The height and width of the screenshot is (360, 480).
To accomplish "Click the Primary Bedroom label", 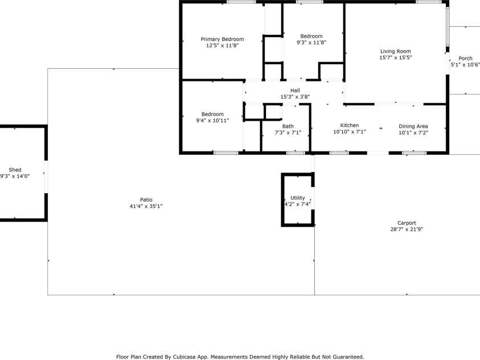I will coord(222,39).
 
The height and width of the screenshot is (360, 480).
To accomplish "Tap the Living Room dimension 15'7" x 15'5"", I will coord(396,58).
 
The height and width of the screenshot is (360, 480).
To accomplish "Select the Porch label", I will coord(465,58).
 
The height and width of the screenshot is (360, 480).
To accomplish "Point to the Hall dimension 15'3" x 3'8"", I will coord(295,97).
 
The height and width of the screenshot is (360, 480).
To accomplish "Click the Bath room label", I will coord(288,126).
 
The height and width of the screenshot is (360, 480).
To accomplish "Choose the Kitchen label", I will coord(350,125).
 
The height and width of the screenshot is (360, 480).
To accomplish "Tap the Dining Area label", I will coord(413,126).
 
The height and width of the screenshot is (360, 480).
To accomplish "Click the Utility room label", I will coord(298,198).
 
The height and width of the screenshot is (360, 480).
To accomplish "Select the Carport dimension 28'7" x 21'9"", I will coord(407,230).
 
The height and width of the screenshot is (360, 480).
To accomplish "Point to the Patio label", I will coord(146,199).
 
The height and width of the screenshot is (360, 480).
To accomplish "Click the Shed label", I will coord(15,170).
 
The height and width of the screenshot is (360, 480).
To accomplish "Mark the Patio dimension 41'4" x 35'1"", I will coord(146,206).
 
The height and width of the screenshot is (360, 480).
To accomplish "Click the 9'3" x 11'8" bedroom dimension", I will coord(311,43).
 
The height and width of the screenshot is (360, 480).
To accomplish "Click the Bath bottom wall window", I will coord(295,153).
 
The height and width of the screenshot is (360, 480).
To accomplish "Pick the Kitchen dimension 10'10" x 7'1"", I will coord(350,132).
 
